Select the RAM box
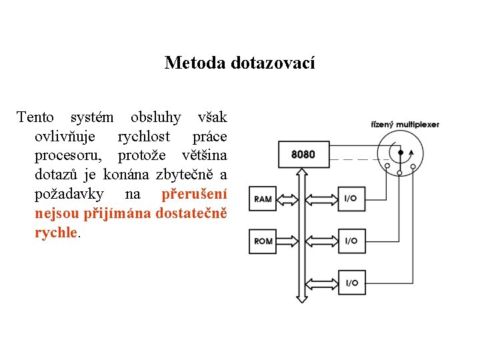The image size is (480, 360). (x=263, y=199)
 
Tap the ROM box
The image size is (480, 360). (x=263, y=241)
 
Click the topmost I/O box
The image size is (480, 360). (x=351, y=199)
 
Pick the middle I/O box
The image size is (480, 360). (x=351, y=241)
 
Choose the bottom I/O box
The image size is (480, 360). (x=351, y=283)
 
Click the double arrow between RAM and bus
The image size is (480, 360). (x=288, y=199)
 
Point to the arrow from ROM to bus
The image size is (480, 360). (x=288, y=241)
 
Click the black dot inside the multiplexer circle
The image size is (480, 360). (x=400, y=152)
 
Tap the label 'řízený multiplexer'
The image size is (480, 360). (x=405, y=124)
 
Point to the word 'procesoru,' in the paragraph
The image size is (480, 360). (x=69, y=156)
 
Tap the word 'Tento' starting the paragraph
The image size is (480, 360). (x=35, y=117)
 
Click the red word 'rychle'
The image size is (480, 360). (x=56, y=233)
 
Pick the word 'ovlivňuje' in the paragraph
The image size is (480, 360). (x=64, y=137)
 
